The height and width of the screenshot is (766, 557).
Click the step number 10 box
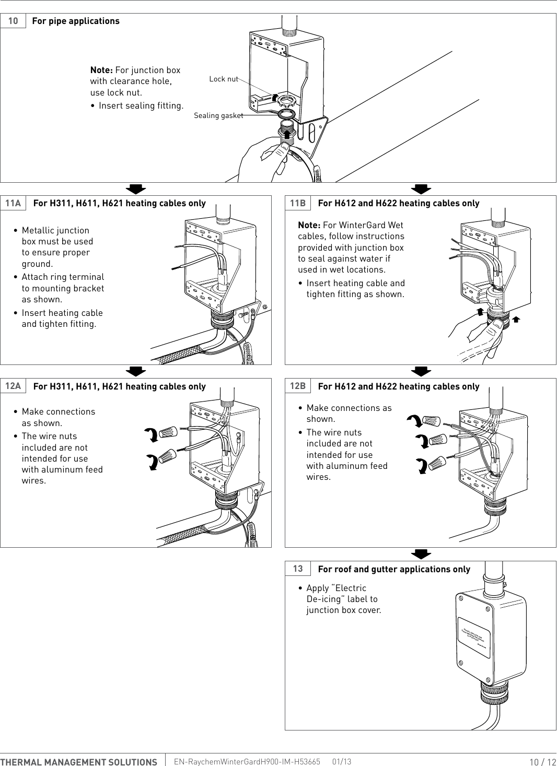click(x=13, y=21)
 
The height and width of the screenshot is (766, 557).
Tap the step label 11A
click(x=13, y=203)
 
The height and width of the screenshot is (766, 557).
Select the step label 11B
click(x=298, y=203)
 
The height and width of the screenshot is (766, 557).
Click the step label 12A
click(x=13, y=386)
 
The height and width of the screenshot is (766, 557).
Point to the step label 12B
click(x=298, y=386)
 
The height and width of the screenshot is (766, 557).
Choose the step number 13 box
click(x=298, y=569)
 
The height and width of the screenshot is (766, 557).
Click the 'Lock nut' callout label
click(x=223, y=79)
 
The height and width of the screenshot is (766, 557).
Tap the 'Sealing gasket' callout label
click(x=218, y=115)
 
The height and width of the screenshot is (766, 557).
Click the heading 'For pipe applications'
click(x=76, y=21)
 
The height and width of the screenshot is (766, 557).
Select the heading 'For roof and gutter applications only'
click(x=394, y=569)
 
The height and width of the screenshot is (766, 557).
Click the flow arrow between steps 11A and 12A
click(x=136, y=371)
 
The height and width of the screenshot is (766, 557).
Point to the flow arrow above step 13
click(x=421, y=554)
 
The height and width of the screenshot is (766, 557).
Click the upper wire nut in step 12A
click(x=168, y=432)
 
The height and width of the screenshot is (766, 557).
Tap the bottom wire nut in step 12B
click(x=437, y=463)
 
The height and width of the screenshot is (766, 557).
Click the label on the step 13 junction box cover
click(x=474, y=637)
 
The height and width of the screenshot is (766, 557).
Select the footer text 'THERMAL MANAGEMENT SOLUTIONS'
click(x=79, y=762)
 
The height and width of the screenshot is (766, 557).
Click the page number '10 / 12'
click(x=542, y=762)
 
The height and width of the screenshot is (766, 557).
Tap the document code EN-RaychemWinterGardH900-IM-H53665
click(x=247, y=762)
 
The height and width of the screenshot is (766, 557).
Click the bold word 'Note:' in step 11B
click(x=309, y=225)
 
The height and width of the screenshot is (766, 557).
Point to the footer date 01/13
click(x=342, y=762)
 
